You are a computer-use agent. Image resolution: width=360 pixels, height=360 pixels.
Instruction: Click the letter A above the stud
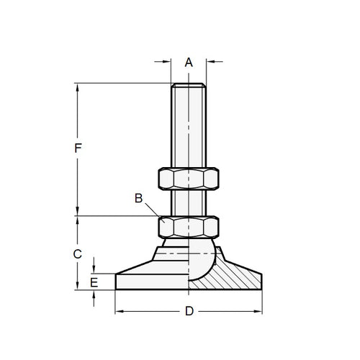189,62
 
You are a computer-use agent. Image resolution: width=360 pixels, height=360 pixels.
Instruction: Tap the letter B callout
138,198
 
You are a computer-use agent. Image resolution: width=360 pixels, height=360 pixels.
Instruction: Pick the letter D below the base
189,312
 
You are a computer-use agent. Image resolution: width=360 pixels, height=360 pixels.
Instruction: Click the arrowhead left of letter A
166,62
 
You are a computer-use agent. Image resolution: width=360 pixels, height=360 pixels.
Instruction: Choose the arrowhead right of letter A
210,62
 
